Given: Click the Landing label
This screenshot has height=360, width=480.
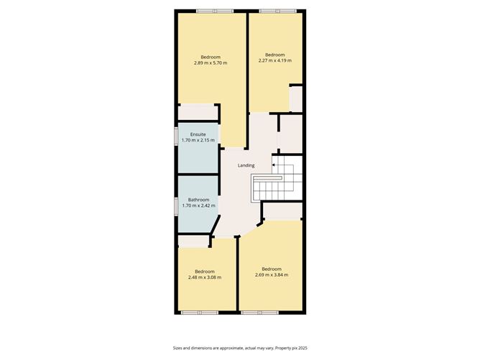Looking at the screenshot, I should [246, 165].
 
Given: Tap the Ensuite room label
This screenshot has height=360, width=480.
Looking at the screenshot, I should [198, 134].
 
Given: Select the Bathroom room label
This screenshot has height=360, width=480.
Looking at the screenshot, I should [198, 200].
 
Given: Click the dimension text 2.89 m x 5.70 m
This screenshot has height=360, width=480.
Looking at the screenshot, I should [211, 63].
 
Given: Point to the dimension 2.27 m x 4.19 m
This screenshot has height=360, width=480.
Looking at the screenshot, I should [275, 61].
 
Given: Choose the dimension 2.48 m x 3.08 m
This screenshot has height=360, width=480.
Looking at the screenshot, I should [205, 277].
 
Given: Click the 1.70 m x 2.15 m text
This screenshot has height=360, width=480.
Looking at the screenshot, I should [198, 141].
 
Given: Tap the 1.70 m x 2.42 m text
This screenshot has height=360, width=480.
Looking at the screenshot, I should [198, 206].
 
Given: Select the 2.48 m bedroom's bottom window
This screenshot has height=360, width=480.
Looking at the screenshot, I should [200, 313].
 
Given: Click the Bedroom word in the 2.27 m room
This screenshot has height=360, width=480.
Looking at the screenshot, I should [275, 55].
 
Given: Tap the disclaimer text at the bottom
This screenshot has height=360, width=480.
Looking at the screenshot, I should [240, 347].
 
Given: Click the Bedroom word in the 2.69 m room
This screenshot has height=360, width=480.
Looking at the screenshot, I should [271, 269].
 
